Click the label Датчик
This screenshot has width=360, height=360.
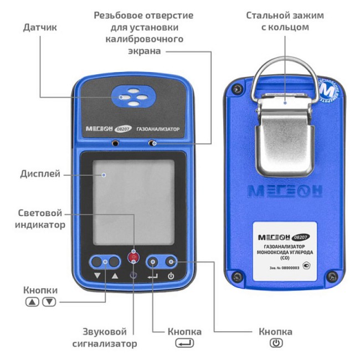[41, 26]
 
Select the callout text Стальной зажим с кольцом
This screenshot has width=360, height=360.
[285, 20]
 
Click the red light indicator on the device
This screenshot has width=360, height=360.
[132, 256]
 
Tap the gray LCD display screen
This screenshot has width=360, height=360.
[133, 202]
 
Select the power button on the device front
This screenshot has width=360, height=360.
[171, 262]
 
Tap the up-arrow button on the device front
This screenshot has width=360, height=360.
[114, 262]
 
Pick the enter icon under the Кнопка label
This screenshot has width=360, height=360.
[184, 343]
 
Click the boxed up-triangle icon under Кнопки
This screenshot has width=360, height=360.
[32, 302]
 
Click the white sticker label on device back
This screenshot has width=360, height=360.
[285, 251]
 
